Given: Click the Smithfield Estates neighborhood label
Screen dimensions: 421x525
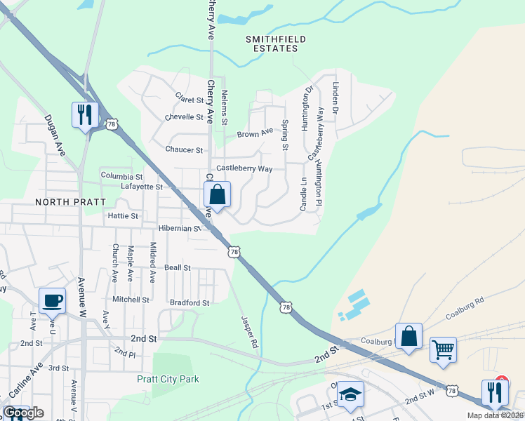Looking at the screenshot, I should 272,44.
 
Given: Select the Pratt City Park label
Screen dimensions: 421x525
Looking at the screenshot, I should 168,380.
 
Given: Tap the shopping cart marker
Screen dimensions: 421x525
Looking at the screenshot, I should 443,349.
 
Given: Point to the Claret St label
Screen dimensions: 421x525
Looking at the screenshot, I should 189,99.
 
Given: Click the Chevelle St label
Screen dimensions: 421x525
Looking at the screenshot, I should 184,117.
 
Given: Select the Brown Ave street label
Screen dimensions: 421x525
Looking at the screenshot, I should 254,133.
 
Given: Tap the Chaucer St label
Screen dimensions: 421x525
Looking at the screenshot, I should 184,149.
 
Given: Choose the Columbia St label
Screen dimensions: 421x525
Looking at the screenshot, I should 121,175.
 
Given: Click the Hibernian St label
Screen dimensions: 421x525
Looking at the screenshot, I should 180,228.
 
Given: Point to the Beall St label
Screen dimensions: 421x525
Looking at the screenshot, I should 177,267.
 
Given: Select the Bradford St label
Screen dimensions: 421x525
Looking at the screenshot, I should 190,303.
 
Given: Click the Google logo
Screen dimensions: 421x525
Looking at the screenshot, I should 23,413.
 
